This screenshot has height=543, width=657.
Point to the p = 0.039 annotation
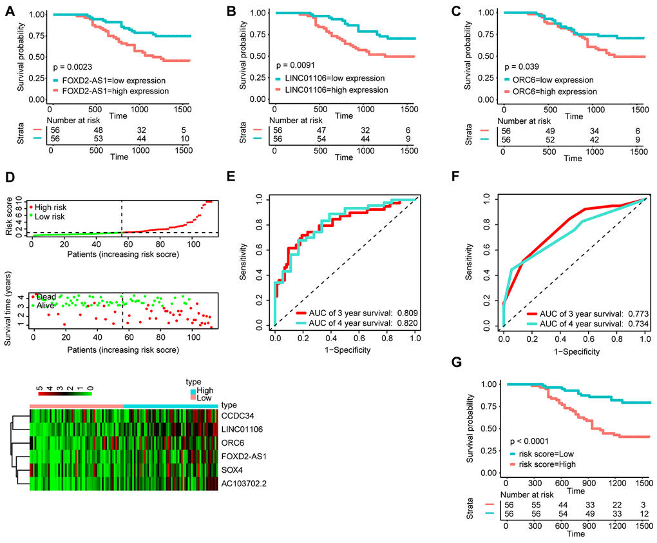click(x=523, y=66)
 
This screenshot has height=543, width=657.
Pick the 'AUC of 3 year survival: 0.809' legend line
click(x=345, y=313)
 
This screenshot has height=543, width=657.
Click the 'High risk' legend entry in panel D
click(x=52, y=207)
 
